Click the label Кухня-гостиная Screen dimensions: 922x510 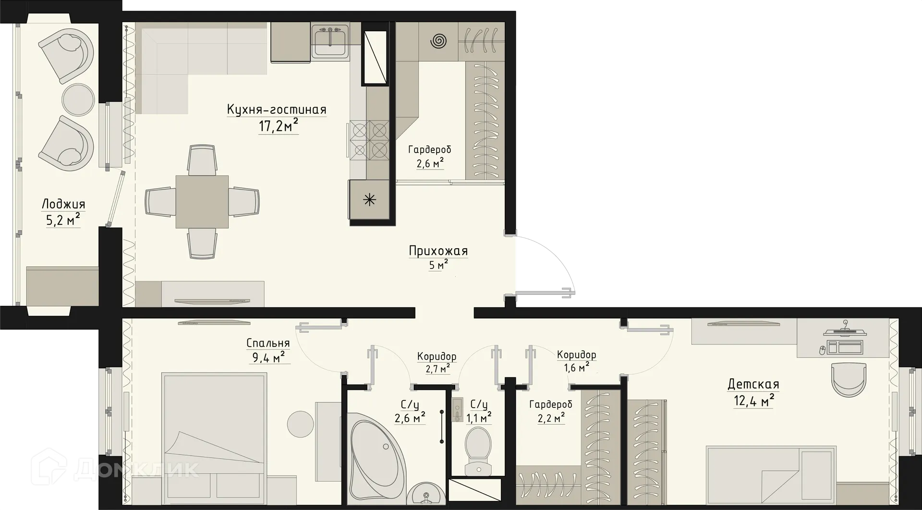277,110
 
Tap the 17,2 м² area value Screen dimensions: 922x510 279,126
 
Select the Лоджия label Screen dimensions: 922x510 63,204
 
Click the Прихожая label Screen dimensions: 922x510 438,251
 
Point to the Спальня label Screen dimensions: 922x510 268,343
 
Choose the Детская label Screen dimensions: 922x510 753,384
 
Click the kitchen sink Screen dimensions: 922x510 330,42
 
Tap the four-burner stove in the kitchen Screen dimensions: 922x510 369,139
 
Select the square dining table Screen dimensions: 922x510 202,202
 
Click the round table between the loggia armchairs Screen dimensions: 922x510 77,99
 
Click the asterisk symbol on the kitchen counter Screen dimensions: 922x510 369,200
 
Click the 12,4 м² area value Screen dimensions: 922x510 753,400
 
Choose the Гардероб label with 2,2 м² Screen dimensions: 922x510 551,405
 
